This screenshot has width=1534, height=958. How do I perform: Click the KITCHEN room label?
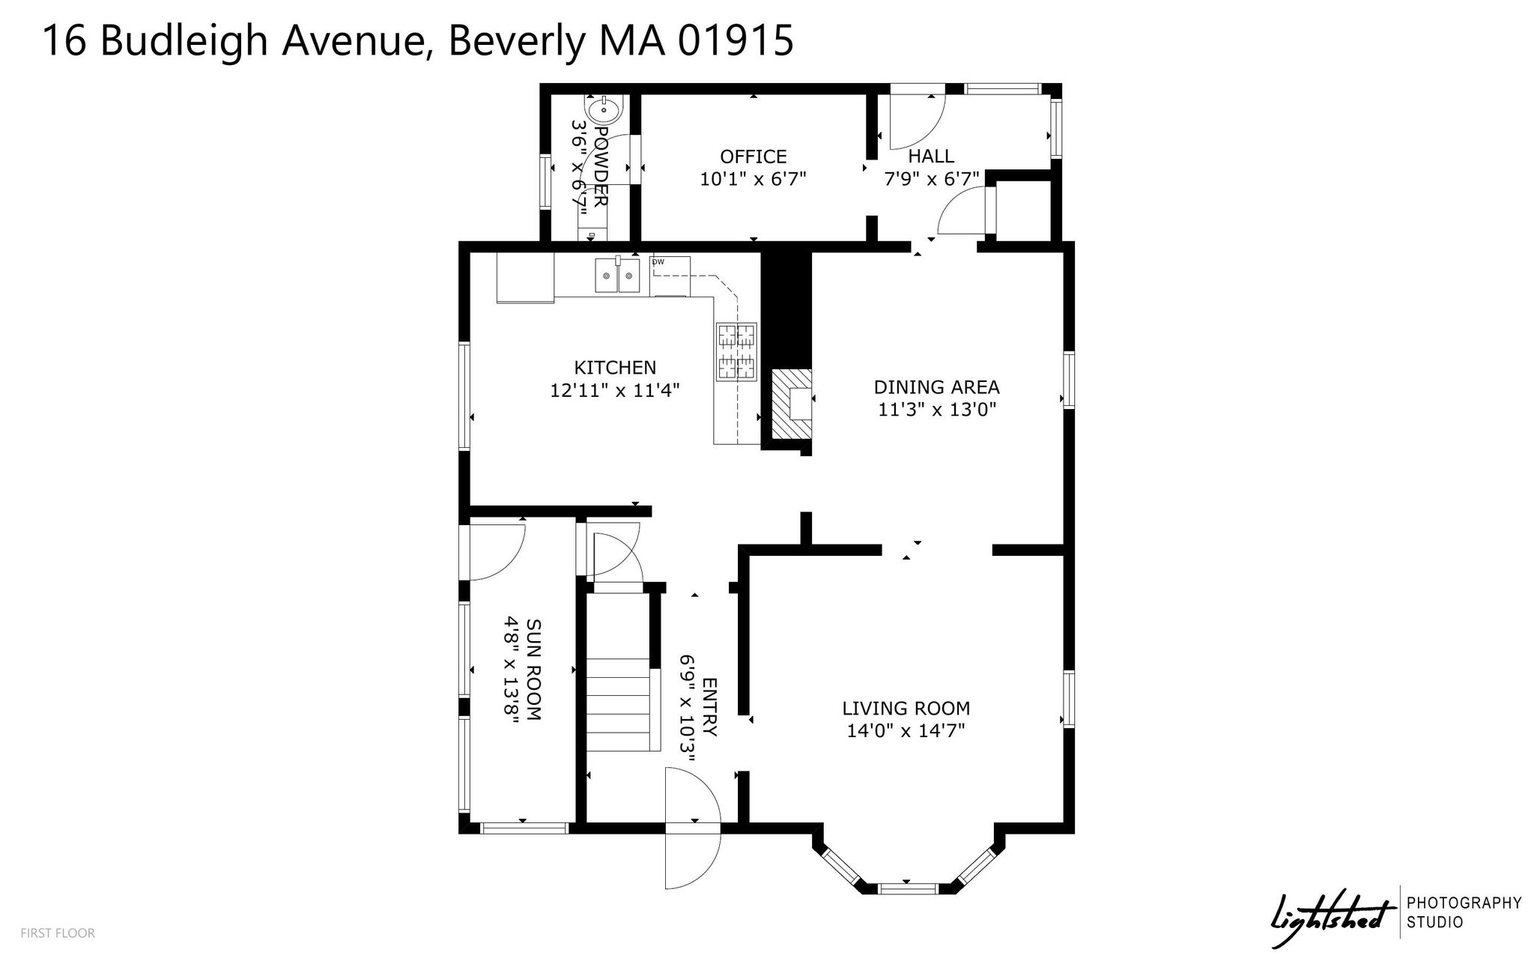(615, 368)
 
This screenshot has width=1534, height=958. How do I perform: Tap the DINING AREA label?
(936, 387)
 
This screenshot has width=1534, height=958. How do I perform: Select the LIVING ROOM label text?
(906, 708)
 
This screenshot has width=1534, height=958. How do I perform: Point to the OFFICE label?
(753, 157)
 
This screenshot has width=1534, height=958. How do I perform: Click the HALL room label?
(931, 156)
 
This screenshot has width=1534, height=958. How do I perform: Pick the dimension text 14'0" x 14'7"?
(906, 730)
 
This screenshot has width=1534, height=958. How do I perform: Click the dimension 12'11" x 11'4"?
(615, 390)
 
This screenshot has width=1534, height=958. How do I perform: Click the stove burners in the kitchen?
(737, 351)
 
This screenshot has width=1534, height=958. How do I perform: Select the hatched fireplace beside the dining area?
(791, 404)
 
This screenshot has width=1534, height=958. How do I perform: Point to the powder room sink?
(603, 111)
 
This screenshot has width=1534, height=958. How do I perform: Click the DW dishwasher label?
(658, 261)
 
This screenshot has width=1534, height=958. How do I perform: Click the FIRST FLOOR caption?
(58, 933)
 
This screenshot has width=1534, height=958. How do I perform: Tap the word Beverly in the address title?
(517, 40)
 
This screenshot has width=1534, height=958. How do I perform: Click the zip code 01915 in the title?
(736, 40)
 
